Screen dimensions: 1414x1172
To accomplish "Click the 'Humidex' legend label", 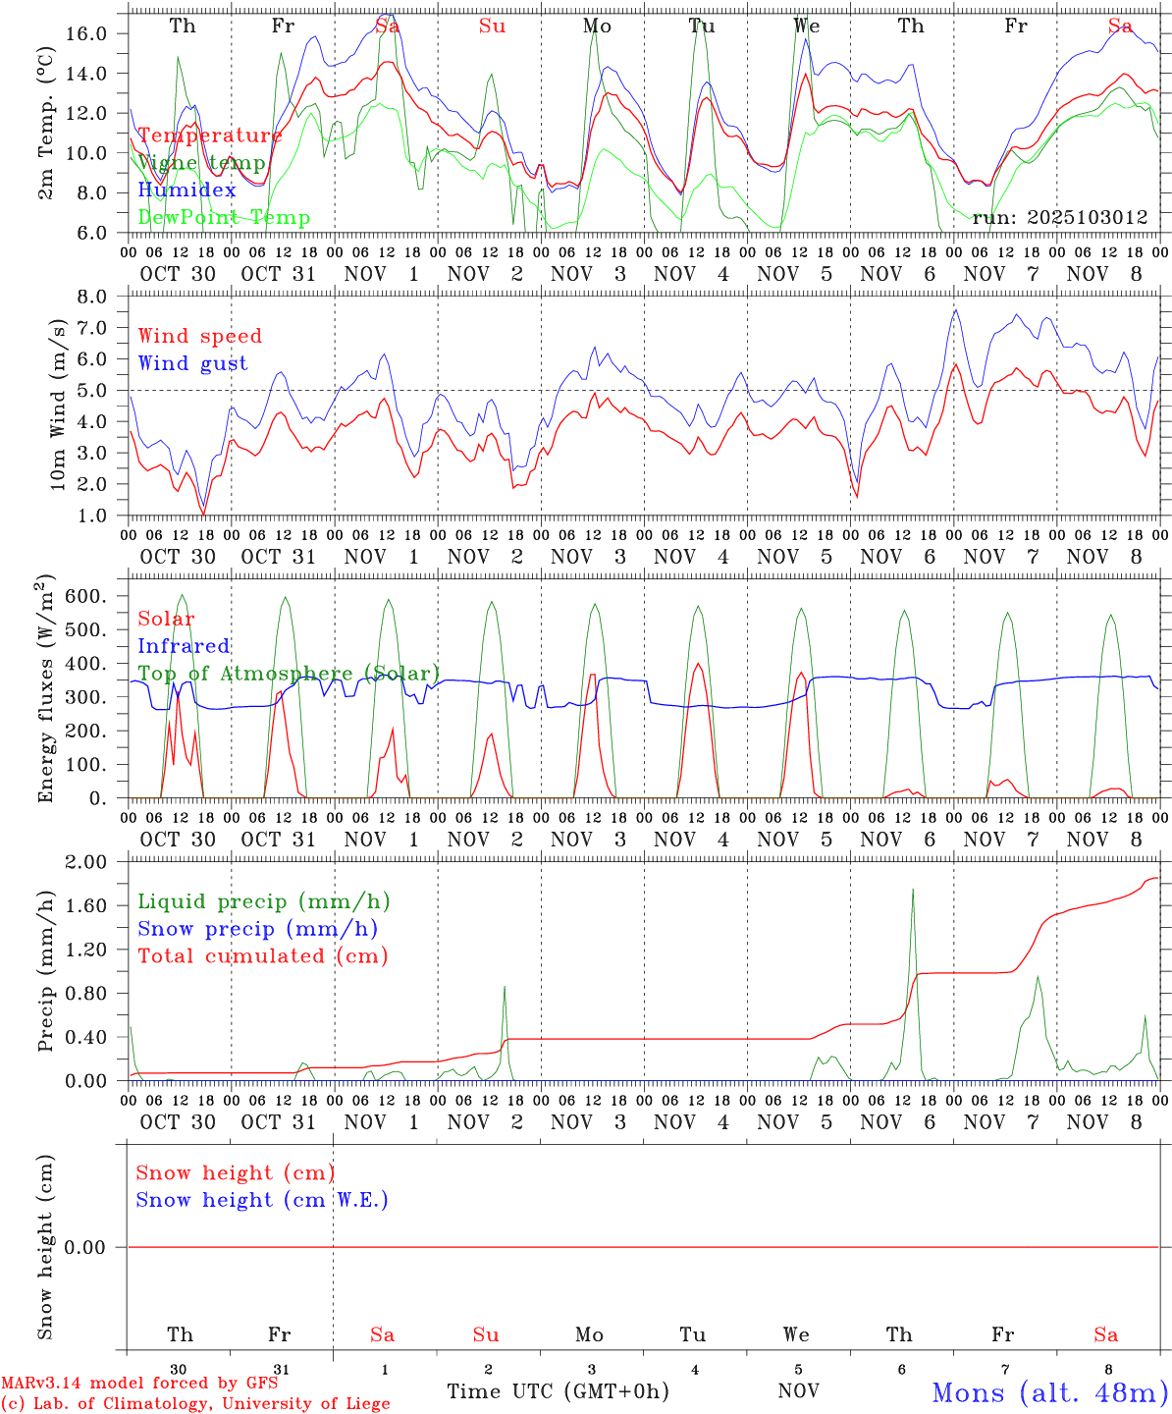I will point(186,190).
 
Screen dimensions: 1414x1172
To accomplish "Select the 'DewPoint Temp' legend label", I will point(224,218).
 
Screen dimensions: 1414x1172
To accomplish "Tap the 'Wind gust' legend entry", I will point(192,363).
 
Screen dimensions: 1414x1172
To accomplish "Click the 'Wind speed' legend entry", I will point(199,336).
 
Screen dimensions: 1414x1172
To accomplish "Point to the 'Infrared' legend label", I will point(184,646).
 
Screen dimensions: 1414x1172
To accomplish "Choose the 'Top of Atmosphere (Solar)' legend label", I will point(289,674).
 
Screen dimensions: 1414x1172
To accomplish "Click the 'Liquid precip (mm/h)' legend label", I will point(263,901).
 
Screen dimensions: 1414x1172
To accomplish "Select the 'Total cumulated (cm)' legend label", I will point(262,955).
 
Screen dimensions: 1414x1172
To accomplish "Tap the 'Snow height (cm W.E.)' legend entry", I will point(262,1200).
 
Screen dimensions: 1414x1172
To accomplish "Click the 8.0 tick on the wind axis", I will point(91,297).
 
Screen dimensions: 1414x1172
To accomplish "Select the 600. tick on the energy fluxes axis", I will point(84,597).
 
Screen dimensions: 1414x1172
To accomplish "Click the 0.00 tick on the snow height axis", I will point(84,1247).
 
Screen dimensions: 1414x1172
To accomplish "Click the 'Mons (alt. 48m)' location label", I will point(1049,1392).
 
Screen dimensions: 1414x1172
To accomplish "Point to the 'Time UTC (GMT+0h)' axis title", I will point(558,1391).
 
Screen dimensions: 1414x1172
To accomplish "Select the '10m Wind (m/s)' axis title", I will point(59,405).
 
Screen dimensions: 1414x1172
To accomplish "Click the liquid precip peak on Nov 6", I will point(913,890).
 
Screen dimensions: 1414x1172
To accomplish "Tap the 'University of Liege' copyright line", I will point(195,1404).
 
